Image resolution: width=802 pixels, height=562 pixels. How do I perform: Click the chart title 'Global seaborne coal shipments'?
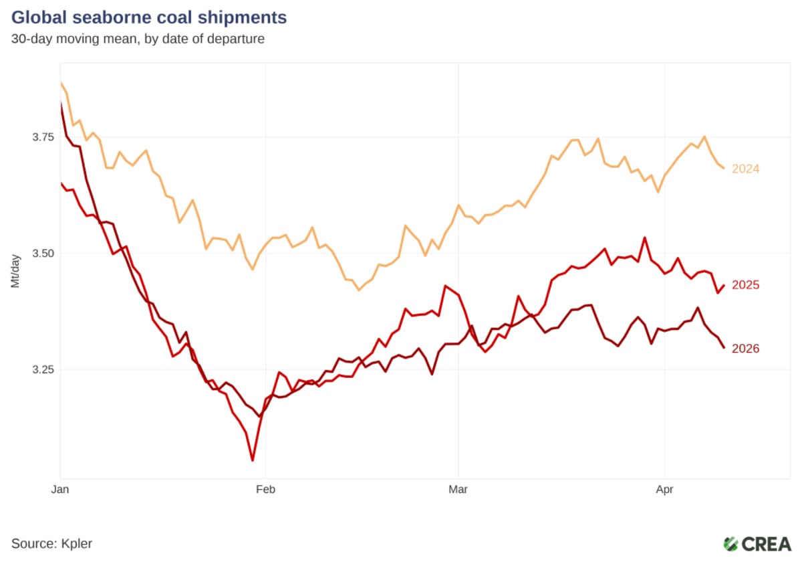(x=149, y=17)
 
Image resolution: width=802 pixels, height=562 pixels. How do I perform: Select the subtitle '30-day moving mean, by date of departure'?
(x=138, y=39)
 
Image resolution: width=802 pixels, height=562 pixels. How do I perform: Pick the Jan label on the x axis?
(x=61, y=490)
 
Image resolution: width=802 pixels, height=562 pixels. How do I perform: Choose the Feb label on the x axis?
(x=266, y=490)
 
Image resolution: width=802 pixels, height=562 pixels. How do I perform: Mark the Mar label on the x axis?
(x=458, y=490)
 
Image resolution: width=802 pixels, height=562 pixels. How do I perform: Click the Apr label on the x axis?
(x=664, y=490)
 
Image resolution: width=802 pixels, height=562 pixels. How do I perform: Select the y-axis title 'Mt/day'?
(x=15, y=270)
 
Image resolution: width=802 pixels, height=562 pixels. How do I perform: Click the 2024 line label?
(x=745, y=169)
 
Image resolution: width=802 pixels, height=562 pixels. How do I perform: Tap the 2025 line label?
(x=745, y=285)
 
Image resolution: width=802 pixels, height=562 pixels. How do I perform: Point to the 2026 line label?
(x=745, y=349)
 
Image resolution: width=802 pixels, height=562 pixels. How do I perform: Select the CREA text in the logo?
(x=767, y=543)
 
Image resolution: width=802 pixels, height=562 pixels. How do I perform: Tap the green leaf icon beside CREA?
(x=731, y=543)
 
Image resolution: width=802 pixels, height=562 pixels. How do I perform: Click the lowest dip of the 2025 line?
(x=253, y=460)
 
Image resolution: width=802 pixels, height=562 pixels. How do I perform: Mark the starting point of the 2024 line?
(x=61, y=82)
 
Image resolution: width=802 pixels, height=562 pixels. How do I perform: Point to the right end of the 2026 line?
(x=724, y=348)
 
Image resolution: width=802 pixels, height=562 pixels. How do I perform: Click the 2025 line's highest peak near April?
(x=644, y=238)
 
